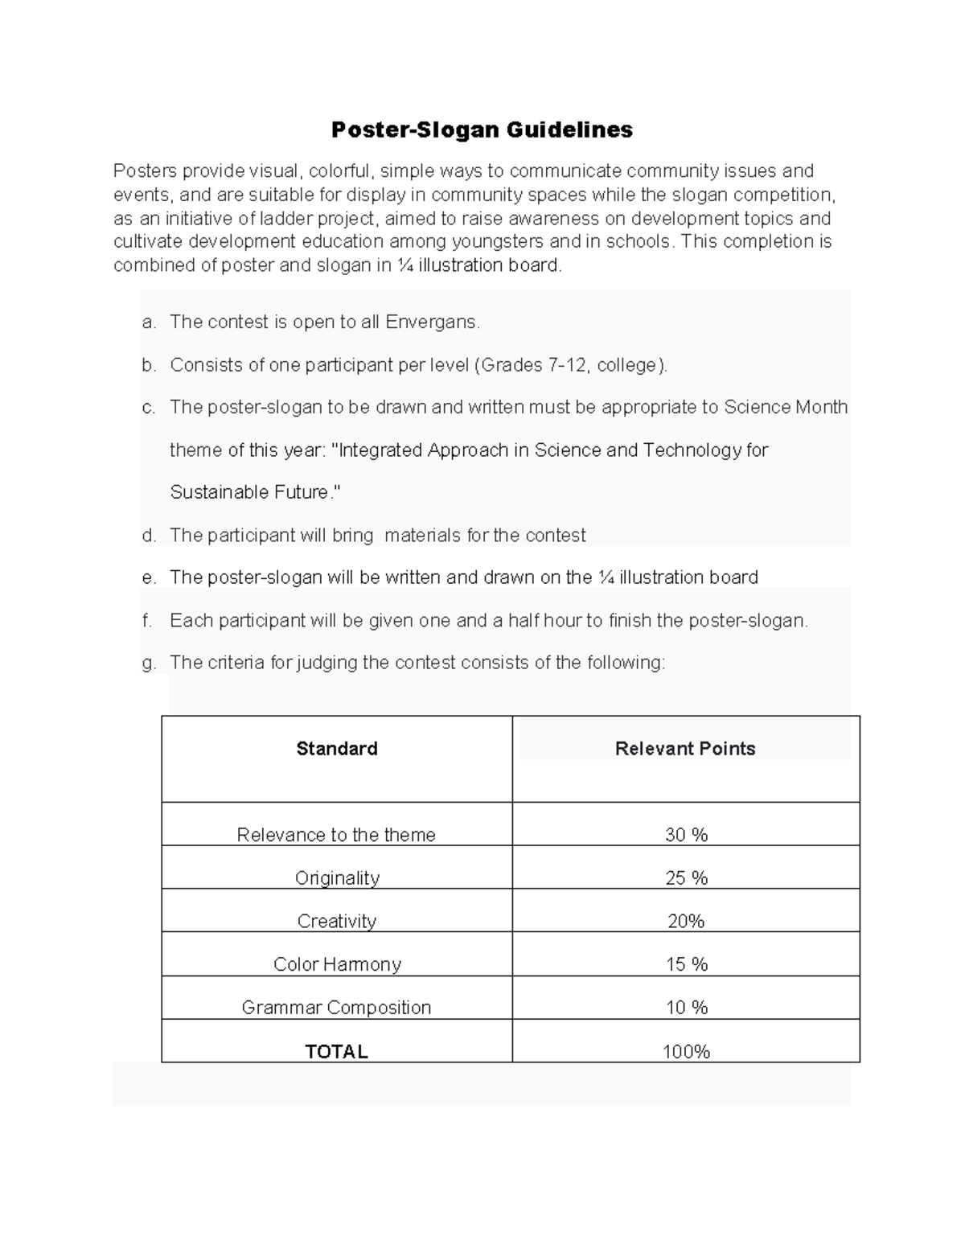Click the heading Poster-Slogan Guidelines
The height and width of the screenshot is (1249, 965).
pyautogui.click(x=482, y=129)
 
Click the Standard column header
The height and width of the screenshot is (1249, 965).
pyautogui.click(x=336, y=749)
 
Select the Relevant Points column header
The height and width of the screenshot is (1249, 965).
pyautogui.click(x=685, y=749)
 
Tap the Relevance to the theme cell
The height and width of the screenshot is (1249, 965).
pyautogui.click(x=336, y=835)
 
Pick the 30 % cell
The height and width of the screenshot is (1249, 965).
pyautogui.click(x=686, y=835)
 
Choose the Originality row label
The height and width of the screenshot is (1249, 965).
pyautogui.click(x=337, y=878)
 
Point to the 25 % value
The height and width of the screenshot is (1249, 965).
pyautogui.click(x=686, y=878)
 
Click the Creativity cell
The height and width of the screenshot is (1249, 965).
pyautogui.click(x=336, y=921)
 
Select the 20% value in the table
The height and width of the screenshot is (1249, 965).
pyautogui.click(x=686, y=921)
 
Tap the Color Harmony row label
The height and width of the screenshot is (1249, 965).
pyautogui.click(x=337, y=964)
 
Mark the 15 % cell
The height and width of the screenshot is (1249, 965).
pyautogui.click(x=686, y=964)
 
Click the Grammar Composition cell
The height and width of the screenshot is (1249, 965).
pyautogui.click(x=336, y=1008)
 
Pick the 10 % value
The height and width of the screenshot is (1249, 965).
pyautogui.click(x=686, y=1008)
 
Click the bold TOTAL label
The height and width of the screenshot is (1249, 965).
pyautogui.click(x=336, y=1052)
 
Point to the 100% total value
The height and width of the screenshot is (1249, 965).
pyautogui.click(x=686, y=1052)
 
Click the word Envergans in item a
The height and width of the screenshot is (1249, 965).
pyautogui.click(x=431, y=323)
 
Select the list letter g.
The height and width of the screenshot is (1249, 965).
pyautogui.click(x=148, y=664)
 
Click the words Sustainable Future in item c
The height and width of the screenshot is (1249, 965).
pyautogui.click(x=249, y=492)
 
